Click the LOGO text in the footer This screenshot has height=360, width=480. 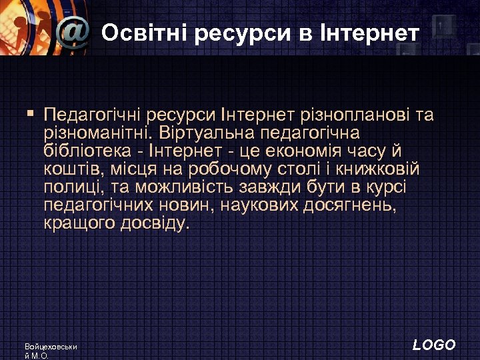(x=434, y=345)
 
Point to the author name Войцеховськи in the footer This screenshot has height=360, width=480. (x=51, y=347)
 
